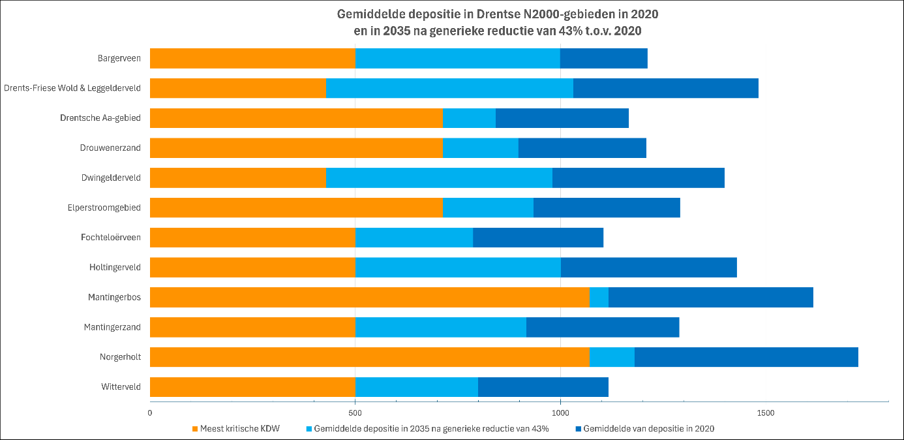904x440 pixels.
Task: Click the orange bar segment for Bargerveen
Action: [x=252, y=58]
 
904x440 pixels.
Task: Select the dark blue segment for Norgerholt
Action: [x=746, y=357]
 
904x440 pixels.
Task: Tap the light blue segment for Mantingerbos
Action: [x=599, y=298]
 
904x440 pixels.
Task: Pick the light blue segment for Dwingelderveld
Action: [x=439, y=178]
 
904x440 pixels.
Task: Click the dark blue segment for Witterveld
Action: [x=543, y=387]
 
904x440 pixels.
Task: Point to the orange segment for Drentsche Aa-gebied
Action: [x=296, y=118]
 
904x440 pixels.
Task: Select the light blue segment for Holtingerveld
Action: [x=458, y=268]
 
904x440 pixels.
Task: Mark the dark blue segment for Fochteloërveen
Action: [x=538, y=238]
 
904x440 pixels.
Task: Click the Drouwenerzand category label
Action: [x=115, y=148]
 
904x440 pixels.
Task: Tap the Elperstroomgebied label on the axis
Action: [x=104, y=208]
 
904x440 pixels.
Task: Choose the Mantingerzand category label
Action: [x=112, y=327]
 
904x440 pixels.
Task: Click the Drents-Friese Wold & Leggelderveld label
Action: [x=72, y=88]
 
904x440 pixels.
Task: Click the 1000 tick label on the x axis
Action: [x=560, y=413]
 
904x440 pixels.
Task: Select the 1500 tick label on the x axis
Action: [x=765, y=413]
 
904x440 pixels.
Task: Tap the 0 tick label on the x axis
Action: [x=150, y=413]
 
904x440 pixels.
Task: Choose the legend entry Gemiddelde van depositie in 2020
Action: [x=648, y=429]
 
